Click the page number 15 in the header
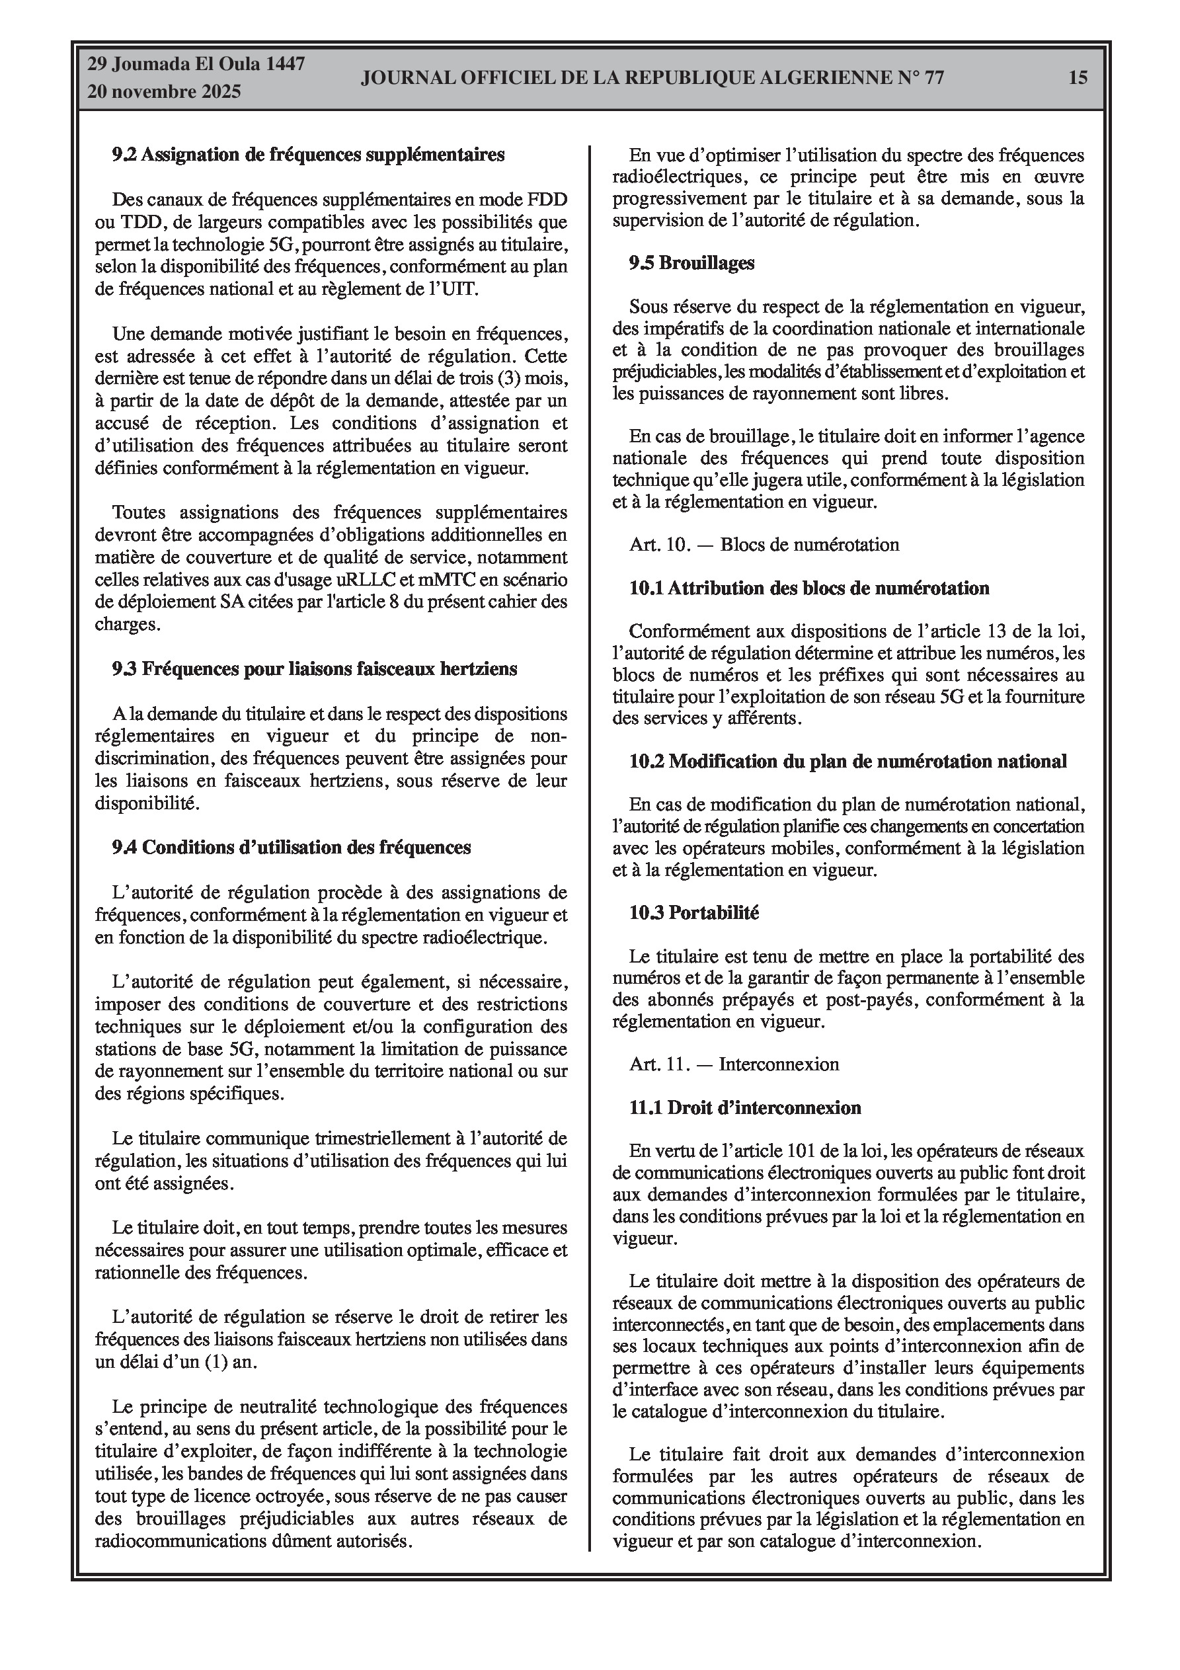1078,77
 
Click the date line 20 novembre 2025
164,92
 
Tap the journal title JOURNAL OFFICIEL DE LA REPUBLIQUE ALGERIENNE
652,78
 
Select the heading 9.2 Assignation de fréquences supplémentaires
308,154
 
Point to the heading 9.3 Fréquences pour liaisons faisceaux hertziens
314,668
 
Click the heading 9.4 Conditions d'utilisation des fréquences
291,847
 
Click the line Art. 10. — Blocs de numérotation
764,544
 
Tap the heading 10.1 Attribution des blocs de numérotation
809,588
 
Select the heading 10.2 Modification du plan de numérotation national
847,761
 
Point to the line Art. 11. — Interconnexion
734,1064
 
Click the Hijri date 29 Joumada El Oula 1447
196,63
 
